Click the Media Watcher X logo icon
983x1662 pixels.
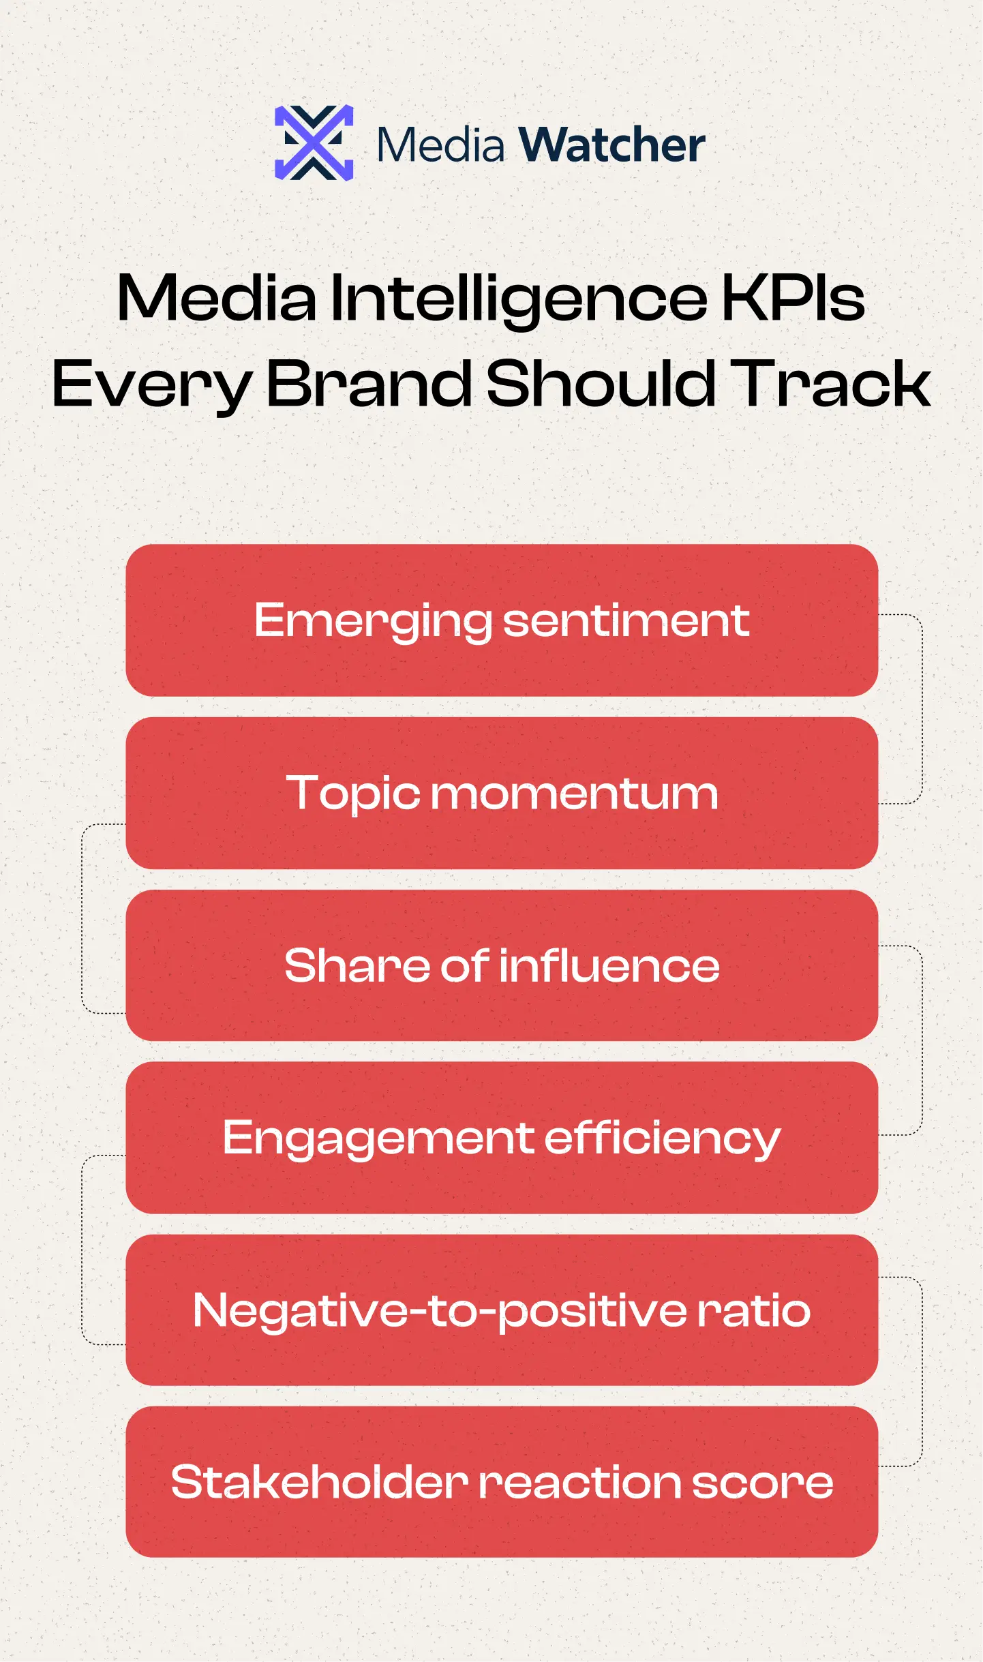coord(314,143)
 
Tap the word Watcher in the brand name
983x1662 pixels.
coord(611,145)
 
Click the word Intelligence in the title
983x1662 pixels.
coord(519,299)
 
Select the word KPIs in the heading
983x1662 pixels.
coord(793,299)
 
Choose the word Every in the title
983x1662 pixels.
coord(151,386)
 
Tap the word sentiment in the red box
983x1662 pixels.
coord(626,621)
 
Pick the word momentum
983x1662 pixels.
coord(574,794)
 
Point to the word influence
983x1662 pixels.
coord(609,966)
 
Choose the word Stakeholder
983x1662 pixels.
coord(319,1482)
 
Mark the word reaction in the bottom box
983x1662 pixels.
coord(579,1483)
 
